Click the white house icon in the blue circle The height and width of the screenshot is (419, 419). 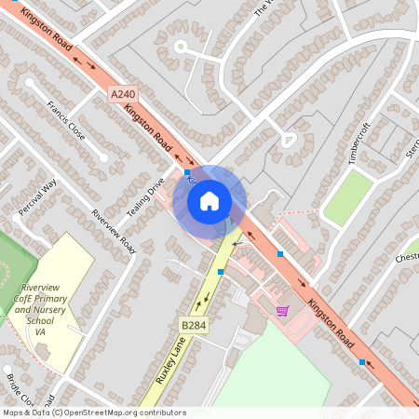coord(209,199)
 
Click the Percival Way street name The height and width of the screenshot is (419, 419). coord(37,196)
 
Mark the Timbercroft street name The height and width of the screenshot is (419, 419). coord(365,142)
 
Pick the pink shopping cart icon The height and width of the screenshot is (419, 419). coord(282,310)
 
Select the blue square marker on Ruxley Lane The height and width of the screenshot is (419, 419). coord(221,271)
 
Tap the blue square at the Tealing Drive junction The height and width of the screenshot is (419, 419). coord(187,172)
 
